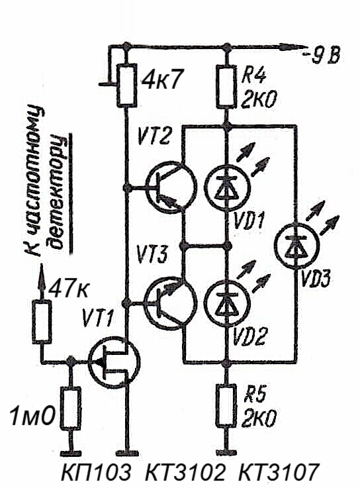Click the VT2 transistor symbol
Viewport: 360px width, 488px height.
tap(171, 187)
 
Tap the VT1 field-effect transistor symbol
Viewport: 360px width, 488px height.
tap(114, 363)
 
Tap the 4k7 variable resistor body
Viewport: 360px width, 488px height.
tap(126, 85)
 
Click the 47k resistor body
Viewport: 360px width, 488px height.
tap(42, 322)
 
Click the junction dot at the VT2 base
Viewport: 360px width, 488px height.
tap(126, 187)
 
